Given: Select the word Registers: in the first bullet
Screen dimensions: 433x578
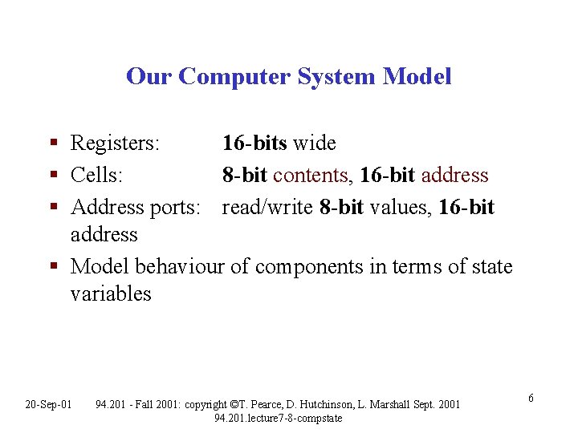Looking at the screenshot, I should point(116,144).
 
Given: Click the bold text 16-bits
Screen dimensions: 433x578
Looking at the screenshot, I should point(254,144).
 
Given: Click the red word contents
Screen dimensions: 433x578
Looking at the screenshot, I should point(310,175).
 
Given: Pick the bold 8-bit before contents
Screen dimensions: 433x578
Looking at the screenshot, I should point(245,175).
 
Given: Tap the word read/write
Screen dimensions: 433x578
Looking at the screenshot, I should point(267,207).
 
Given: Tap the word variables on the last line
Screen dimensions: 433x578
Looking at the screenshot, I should point(111,293).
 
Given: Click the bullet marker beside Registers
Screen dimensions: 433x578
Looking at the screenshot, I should point(54,144).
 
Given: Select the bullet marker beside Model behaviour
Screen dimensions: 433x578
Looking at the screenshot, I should point(54,267).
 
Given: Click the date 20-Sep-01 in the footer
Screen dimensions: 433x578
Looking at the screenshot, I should point(48,403).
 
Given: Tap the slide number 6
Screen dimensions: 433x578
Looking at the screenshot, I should point(531,399).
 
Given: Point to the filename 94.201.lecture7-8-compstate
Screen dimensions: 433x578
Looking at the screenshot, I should point(279,418).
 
